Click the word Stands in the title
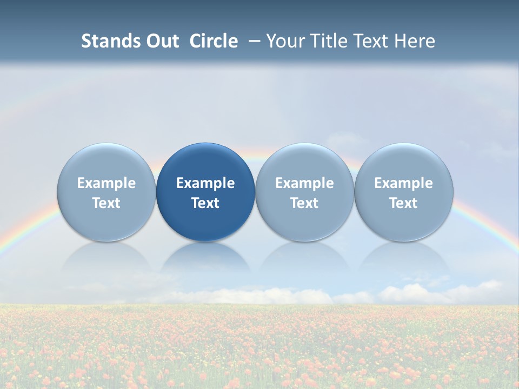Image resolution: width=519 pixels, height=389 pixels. (111, 41)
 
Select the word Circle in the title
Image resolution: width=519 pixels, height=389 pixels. (214, 41)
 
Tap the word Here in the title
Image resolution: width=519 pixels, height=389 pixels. (415, 41)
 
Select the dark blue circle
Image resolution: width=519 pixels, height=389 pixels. (205, 162)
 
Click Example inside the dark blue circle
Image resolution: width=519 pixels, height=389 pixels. (205, 183)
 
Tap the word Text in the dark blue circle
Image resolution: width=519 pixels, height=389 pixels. (205, 203)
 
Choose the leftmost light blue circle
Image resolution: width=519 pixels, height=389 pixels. (107, 162)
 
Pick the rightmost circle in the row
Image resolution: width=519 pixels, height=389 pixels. (404, 162)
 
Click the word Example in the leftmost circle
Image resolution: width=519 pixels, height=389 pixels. (107, 183)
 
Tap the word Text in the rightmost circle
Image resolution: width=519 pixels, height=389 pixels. (404, 203)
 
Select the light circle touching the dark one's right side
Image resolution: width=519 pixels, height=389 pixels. (304, 162)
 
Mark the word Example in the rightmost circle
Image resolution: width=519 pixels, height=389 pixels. (404, 183)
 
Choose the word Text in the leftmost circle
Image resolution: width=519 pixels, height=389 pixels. (107, 203)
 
